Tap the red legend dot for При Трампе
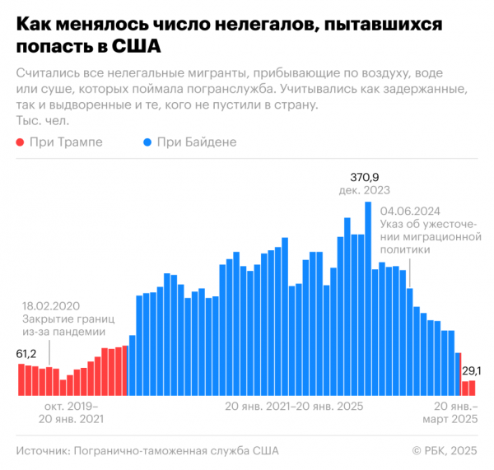pos(20,142)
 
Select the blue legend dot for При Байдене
pos(147,142)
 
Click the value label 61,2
pos(29,354)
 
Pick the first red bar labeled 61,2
pos(21,379)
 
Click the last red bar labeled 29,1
pos(472,388)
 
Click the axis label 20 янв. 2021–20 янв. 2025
pos(293,406)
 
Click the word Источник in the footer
pos(42,450)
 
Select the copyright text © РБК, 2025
pos(445,450)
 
